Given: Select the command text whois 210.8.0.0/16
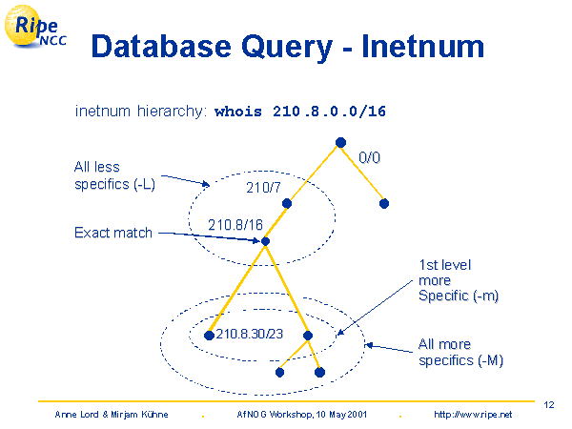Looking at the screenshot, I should click(x=300, y=112).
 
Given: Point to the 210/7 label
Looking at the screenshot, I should click(x=263, y=188).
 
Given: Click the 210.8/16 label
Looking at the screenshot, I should click(x=235, y=225).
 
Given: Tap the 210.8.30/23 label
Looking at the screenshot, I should click(x=250, y=334).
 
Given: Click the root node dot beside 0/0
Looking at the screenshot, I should click(x=340, y=143).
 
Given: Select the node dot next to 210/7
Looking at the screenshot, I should click(x=286, y=203).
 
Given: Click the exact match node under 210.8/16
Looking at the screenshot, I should click(x=266, y=241).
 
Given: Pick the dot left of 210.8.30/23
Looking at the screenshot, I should click(x=210, y=335).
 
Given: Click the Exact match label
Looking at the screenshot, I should click(x=113, y=233).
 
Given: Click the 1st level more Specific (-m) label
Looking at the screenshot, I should click(x=459, y=280).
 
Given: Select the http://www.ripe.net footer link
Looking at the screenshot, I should click(x=473, y=415).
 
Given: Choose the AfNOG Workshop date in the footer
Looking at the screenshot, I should click(x=300, y=415).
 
